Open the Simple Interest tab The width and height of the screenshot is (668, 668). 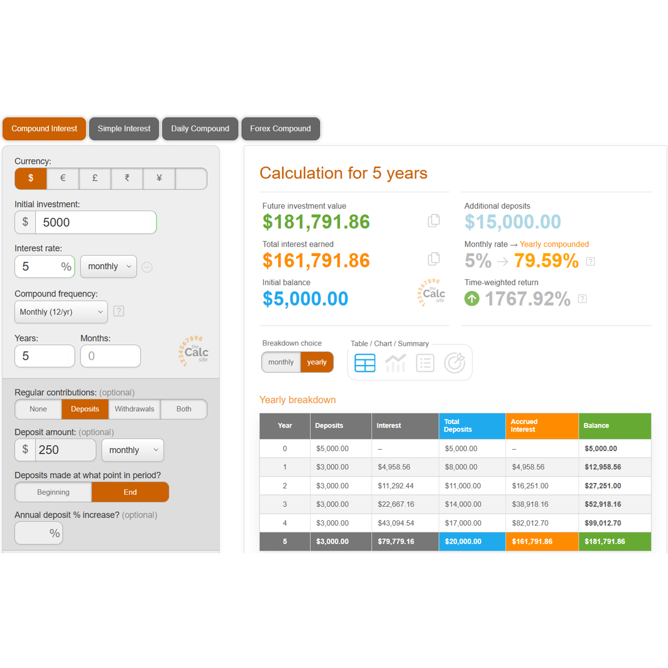tap(124, 129)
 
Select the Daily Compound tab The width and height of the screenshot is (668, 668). tap(200, 129)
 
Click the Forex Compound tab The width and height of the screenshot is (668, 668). tap(280, 129)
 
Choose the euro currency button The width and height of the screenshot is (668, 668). tap(63, 178)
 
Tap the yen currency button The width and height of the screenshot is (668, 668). tap(159, 178)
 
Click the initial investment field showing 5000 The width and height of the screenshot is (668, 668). tap(96, 222)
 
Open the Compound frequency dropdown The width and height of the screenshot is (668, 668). tap(61, 312)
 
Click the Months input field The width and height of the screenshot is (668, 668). tap(110, 356)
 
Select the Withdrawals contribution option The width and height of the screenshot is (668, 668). tap(134, 409)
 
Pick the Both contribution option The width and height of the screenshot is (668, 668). tap(183, 409)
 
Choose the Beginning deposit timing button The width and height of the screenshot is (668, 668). tap(53, 492)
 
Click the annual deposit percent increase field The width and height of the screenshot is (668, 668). tap(38, 533)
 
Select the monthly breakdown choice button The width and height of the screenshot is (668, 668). tap(281, 362)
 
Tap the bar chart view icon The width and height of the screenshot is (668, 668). tap(395, 363)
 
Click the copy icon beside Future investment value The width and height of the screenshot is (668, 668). tap(434, 220)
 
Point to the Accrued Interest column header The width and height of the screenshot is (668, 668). tap(542, 426)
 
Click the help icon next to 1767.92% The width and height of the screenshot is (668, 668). tap(582, 299)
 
